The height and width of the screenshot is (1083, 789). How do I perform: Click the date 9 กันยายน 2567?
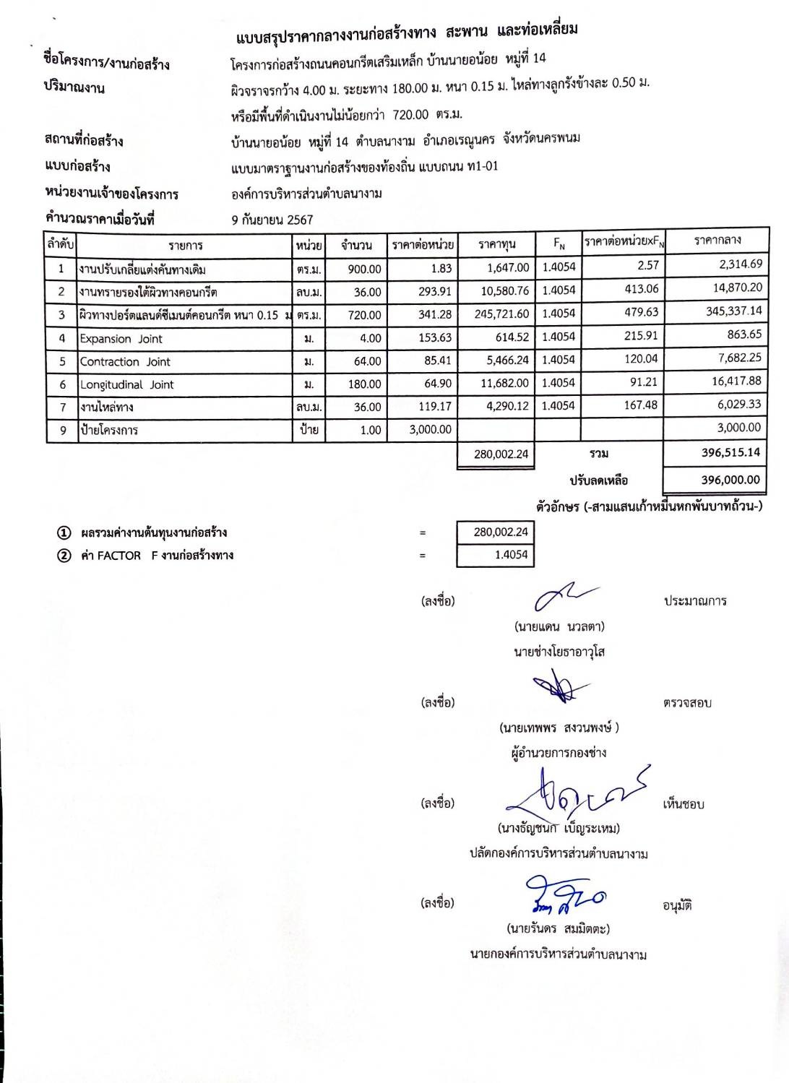pos(272,220)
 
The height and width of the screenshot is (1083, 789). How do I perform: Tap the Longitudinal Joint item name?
pos(126,385)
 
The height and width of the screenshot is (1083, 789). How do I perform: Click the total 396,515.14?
pos(730,452)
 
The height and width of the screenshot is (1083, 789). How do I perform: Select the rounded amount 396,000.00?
pos(730,480)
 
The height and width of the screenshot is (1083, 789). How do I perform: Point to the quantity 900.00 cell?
pos(364,269)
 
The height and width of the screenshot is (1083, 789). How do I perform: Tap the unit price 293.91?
pos(435,292)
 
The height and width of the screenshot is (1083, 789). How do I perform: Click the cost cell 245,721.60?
pos(501,314)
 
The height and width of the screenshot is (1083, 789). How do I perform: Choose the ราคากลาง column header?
pos(717,240)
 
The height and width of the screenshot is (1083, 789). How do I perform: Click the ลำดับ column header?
pos(61,244)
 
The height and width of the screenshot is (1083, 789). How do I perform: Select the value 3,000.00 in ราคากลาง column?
pos(738,428)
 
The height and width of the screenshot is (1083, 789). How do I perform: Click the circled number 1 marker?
pos(64,533)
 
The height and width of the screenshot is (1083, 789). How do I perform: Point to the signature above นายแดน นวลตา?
pos(564,597)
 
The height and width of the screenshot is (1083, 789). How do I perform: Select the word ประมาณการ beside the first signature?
pos(695,601)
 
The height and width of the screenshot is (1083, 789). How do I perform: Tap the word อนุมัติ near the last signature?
pos(677,905)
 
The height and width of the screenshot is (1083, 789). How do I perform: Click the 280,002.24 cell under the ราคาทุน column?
pos(501,454)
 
